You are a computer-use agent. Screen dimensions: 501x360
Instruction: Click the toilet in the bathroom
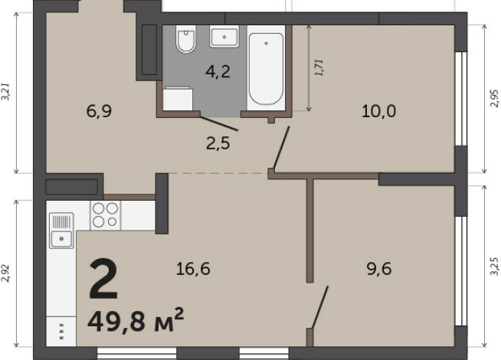click(x=185, y=38)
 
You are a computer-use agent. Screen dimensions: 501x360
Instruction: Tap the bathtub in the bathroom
click(x=266, y=68)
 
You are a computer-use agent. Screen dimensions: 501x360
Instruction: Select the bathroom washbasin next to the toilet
click(x=224, y=37)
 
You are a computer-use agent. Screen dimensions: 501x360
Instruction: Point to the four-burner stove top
click(x=106, y=215)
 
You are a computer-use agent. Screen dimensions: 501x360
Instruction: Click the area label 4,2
click(x=218, y=71)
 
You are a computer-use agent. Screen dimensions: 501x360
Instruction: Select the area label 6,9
click(x=99, y=112)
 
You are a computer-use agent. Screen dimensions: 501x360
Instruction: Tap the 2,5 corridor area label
click(x=218, y=143)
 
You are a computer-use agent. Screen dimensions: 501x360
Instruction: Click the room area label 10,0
click(x=379, y=112)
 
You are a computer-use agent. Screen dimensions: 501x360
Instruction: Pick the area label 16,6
click(x=193, y=269)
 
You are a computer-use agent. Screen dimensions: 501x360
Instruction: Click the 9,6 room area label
click(x=379, y=269)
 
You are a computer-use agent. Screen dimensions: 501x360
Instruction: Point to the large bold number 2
click(x=103, y=279)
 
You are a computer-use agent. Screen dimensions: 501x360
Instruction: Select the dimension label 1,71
click(x=319, y=67)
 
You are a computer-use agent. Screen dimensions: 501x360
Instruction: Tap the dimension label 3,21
click(x=5, y=92)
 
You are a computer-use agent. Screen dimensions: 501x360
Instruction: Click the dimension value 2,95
click(x=494, y=98)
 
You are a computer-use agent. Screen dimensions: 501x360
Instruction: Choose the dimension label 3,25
click(x=494, y=266)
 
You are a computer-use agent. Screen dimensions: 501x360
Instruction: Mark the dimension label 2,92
click(x=5, y=273)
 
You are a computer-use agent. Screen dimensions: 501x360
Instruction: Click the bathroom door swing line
click(x=219, y=124)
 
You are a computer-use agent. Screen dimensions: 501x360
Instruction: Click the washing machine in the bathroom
click(x=178, y=98)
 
